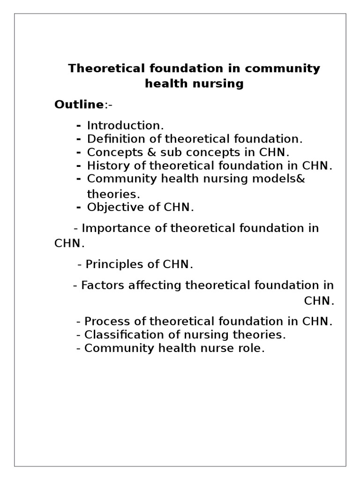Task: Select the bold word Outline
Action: (x=75, y=105)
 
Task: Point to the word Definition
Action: (x=109, y=139)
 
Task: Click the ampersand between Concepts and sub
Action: (x=145, y=152)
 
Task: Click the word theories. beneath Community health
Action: (x=113, y=193)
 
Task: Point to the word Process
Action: (x=105, y=322)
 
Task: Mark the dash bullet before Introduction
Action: (x=78, y=126)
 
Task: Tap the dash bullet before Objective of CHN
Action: (x=78, y=207)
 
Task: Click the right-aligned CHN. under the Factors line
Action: (x=319, y=301)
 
